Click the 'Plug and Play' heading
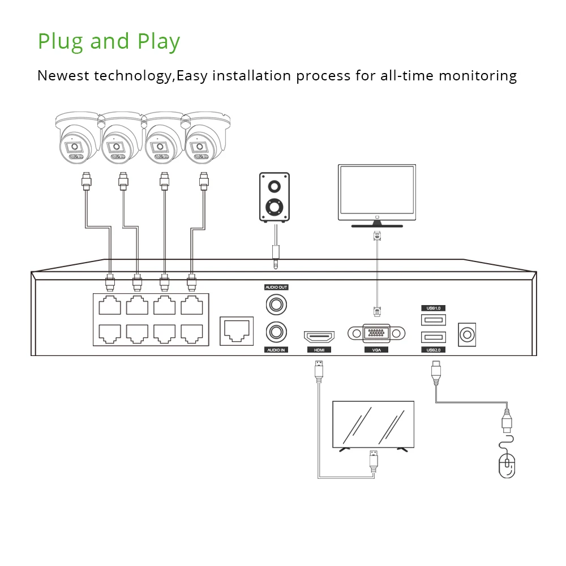109,42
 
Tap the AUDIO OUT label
276,288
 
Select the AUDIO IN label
276,350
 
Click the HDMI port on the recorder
319,337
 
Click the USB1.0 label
434,308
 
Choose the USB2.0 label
434,350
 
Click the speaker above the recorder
275,198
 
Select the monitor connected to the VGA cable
376,193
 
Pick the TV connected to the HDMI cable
373,424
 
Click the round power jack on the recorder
466,334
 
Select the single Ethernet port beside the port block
235,329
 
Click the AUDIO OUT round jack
276,305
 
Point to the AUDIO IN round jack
276,332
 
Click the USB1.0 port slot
434,320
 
